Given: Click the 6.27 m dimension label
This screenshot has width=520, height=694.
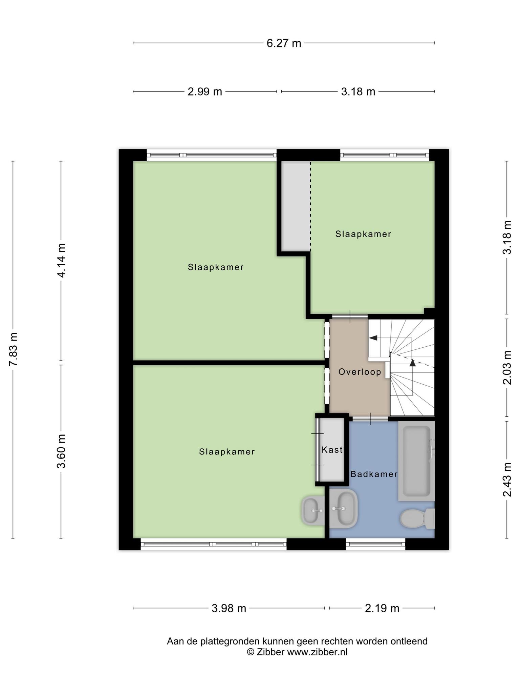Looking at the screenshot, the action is tap(284, 43).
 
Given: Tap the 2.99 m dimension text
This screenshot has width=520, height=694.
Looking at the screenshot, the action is tap(205, 91).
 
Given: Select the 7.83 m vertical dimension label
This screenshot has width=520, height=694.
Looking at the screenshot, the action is tap(13, 349).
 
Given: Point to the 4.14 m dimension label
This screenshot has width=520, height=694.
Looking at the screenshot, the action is tap(61, 260).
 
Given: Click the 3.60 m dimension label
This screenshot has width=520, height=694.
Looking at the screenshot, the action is tap(61, 451).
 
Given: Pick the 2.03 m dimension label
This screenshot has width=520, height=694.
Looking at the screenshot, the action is tap(507, 368).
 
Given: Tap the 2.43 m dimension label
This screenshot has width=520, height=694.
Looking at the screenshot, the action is tap(507, 479).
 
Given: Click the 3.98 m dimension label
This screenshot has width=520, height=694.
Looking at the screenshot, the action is tap(229, 608).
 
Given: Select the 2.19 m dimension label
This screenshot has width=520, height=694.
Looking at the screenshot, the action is tap(382, 608).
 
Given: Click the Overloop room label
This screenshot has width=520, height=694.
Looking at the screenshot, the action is tap(360, 372).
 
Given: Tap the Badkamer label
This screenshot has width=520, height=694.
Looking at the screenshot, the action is tap(374, 474).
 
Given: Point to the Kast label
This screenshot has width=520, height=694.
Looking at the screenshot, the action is tap(332, 450).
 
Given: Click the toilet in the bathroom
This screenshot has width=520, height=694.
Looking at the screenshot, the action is tap(417, 518).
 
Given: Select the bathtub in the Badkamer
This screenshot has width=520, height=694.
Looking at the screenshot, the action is tap(416, 461).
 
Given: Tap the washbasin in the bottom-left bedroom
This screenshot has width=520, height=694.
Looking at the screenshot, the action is tap(313, 511).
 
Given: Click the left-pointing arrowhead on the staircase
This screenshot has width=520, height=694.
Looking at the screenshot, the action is tap(373, 338).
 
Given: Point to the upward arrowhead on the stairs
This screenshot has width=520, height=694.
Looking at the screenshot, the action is tap(412, 363).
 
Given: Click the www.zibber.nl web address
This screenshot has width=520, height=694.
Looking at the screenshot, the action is tap(317, 652).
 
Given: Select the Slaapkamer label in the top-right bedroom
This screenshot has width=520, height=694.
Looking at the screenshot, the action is tap(363, 234).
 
